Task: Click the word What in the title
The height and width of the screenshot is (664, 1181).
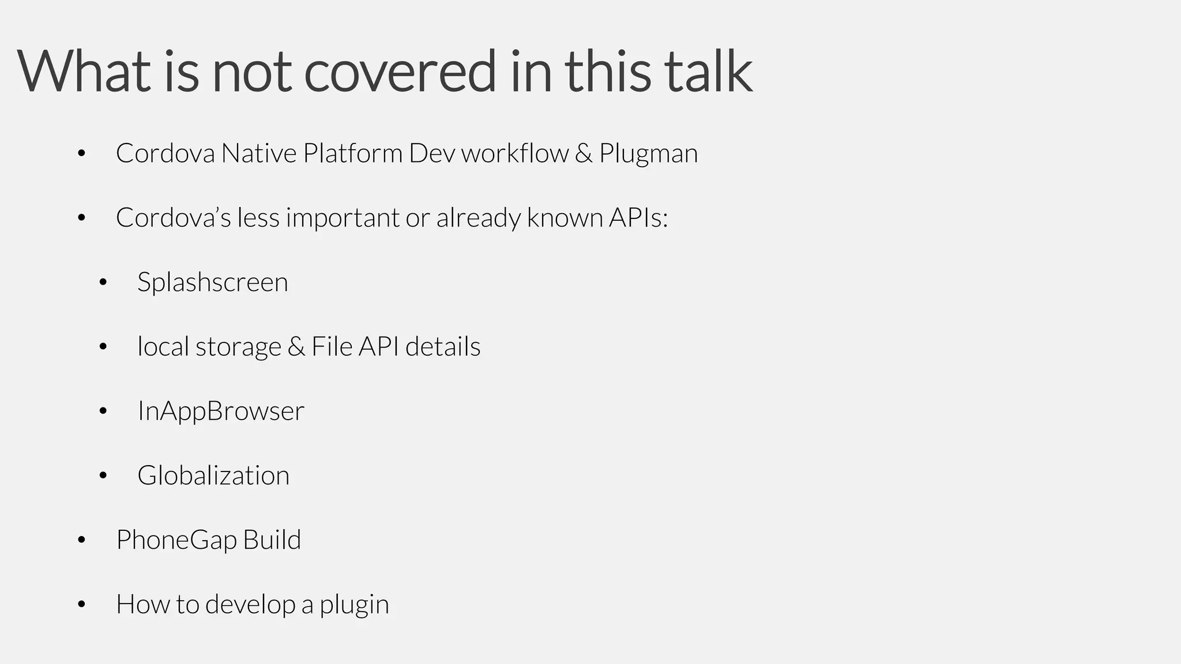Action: tap(84, 71)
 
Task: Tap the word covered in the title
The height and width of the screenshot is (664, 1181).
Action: tap(400, 71)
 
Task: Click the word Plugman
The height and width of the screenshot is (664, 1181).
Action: tap(648, 154)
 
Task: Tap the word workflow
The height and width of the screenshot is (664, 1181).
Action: tap(514, 153)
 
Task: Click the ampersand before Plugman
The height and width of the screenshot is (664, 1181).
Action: tap(583, 153)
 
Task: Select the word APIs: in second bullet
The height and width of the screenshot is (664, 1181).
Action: tap(638, 218)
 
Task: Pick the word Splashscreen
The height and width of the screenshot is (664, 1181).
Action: tap(213, 282)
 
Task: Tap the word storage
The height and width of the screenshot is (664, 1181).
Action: tap(238, 347)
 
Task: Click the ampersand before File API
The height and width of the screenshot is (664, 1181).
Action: tap(296, 347)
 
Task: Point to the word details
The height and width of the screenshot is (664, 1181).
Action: tap(443, 347)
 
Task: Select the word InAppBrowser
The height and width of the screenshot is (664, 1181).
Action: tap(221, 411)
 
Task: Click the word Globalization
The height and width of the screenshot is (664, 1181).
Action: tap(213, 476)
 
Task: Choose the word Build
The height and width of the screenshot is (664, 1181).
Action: tap(272, 540)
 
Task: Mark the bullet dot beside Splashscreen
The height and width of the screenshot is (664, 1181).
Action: tap(103, 282)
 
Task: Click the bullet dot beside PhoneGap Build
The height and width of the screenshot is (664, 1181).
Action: tap(81, 540)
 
